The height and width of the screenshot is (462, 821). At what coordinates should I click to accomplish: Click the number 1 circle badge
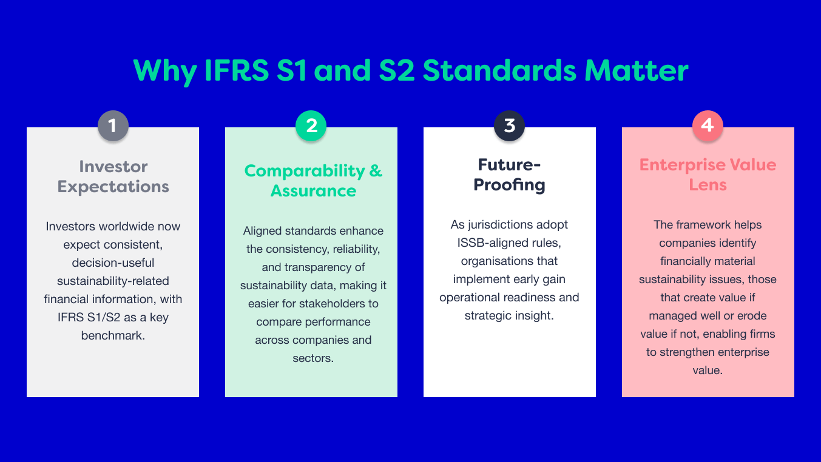(113, 126)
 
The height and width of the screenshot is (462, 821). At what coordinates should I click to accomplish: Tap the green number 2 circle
(311, 126)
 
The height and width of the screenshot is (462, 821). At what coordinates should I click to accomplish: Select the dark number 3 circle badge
(510, 126)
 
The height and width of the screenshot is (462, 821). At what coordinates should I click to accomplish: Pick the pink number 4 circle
(708, 126)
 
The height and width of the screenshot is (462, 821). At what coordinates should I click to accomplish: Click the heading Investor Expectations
(113, 176)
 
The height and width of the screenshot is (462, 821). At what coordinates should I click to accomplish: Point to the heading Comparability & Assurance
(313, 180)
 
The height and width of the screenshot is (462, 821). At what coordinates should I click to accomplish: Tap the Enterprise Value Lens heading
(708, 174)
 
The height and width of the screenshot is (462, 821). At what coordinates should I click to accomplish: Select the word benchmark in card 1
(113, 335)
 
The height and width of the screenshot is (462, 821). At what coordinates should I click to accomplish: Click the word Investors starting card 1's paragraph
(70, 226)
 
